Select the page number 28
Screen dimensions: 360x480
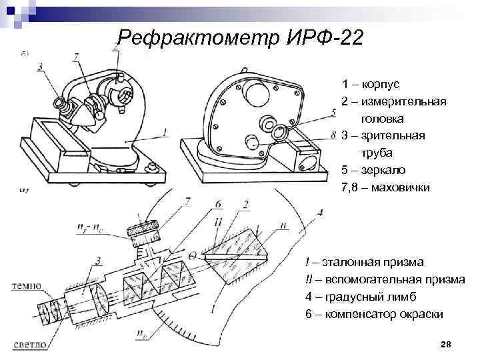point(446,344)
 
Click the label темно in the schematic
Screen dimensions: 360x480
point(26,286)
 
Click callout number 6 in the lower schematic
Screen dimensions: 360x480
point(219,203)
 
